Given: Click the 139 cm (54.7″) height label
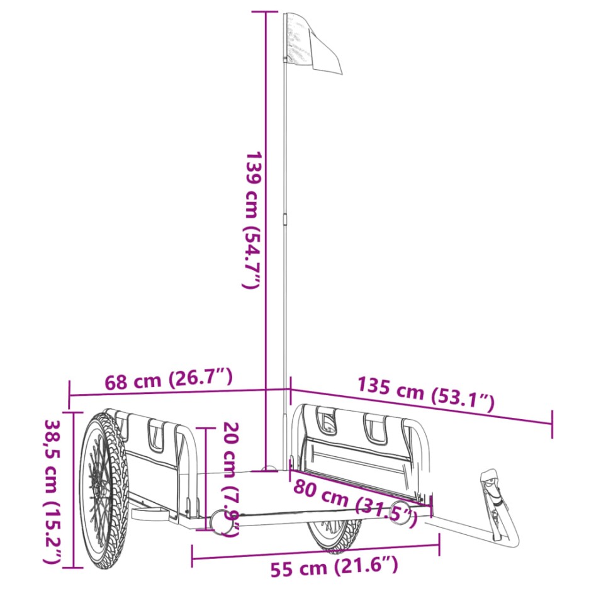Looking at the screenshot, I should click(x=252, y=220).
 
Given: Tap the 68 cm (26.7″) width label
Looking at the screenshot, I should click(x=169, y=380).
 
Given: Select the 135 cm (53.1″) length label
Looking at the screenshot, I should click(x=425, y=395).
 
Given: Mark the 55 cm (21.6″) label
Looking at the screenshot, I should click(x=334, y=568).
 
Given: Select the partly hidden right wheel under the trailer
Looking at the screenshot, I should click(x=334, y=536).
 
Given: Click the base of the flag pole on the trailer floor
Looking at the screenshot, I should click(x=270, y=469).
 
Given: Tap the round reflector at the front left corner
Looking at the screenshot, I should click(x=220, y=520).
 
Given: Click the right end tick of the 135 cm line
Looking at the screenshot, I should click(x=552, y=423).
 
